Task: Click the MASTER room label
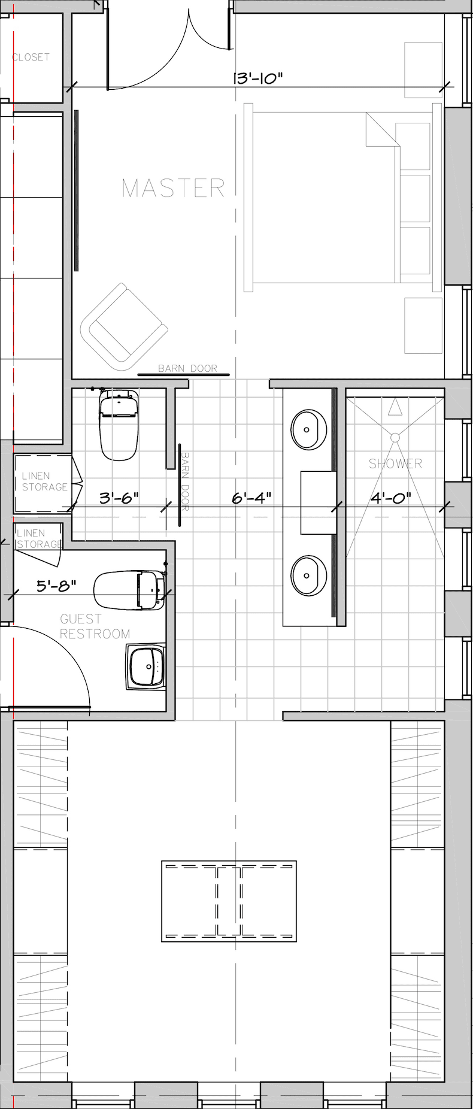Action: tap(174, 188)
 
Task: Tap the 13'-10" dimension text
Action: tap(257, 78)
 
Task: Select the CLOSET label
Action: tap(31, 57)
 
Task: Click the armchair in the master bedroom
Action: tap(123, 328)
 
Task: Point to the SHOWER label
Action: tap(395, 463)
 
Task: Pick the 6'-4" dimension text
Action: tap(251, 497)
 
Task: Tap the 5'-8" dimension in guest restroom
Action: tap(56, 586)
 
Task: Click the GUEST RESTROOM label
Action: tap(95, 626)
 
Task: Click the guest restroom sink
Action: tap(146, 668)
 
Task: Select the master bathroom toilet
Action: tap(120, 425)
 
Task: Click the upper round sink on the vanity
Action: tap(308, 429)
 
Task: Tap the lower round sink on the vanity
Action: tap(308, 575)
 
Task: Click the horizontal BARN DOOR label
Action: tap(187, 368)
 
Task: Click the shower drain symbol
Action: tap(395, 437)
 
